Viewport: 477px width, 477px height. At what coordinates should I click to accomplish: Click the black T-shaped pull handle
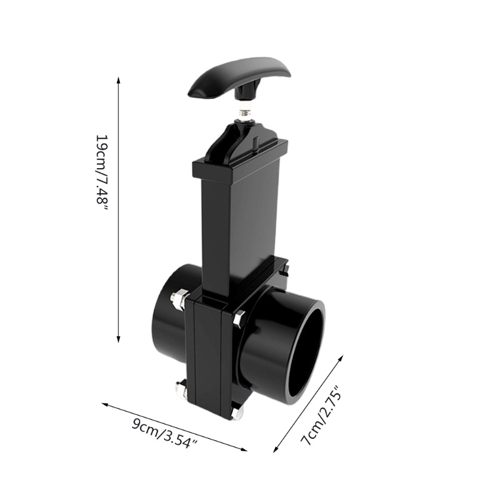tap(240, 80)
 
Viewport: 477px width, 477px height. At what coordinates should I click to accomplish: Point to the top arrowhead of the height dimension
tap(119, 80)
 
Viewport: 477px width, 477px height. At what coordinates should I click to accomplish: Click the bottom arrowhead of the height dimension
tap(119, 339)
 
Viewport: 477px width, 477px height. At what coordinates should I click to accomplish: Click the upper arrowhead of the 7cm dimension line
tap(340, 358)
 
